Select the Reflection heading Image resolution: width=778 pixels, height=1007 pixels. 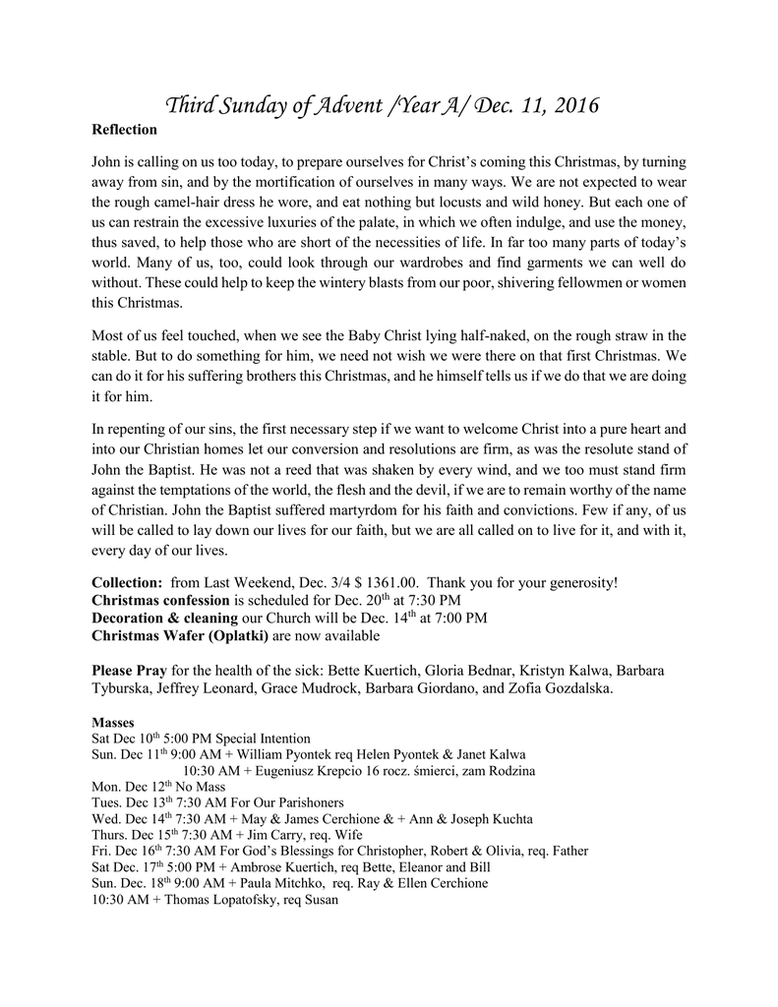(x=124, y=129)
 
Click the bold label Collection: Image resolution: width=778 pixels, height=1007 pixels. (x=127, y=582)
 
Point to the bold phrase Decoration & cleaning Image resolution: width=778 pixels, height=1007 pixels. (x=164, y=618)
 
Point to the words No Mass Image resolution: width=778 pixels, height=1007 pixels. (x=202, y=787)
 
